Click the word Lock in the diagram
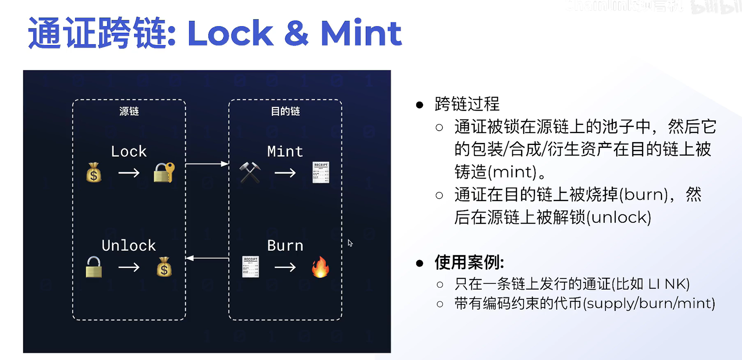pyautogui.click(x=129, y=151)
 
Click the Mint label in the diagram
pyautogui.click(x=285, y=151)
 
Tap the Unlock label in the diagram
pyautogui.click(x=129, y=245)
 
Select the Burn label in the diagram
pyautogui.click(x=285, y=245)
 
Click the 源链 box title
pyautogui.click(x=129, y=111)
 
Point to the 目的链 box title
pyautogui.click(x=285, y=111)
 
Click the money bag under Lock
pyautogui.click(x=94, y=173)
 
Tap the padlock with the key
pyautogui.click(x=164, y=173)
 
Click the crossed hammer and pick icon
pyautogui.click(x=250, y=173)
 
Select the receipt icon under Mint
pyautogui.click(x=321, y=172)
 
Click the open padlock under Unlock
pyautogui.click(x=94, y=267)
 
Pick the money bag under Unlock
pyautogui.click(x=164, y=267)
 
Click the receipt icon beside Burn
pyautogui.click(x=251, y=267)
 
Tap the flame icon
pyautogui.click(x=320, y=267)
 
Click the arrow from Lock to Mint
pyautogui.click(x=207, y=164)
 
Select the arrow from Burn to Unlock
pyautogui.click(x=207, y=258)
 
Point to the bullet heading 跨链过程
pyautogui.click(x=467, y=104)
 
